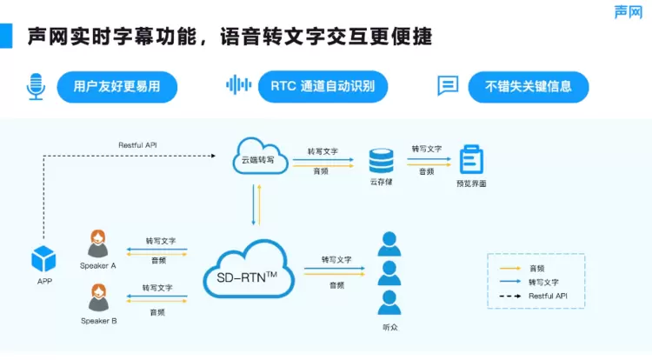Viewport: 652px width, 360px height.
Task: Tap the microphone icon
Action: (36, 86)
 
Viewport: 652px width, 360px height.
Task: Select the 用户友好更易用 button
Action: (116, 86)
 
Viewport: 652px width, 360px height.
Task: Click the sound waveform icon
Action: (238, 85)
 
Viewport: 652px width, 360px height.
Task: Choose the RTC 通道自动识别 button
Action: (323, 86)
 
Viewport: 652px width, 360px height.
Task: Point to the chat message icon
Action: (448, 86)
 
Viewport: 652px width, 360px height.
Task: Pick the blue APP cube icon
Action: (43, 259)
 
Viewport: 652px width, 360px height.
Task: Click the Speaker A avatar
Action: (97, 243)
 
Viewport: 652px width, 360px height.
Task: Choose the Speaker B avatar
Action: (97, 299)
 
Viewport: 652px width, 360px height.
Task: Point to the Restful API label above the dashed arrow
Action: (137, 144)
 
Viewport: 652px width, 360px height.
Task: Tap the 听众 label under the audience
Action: (390, 327)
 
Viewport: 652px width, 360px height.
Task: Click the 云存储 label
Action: (381, 183)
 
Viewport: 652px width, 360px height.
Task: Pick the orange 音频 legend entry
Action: (536, 269)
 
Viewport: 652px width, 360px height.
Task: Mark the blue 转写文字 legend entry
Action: (542, 282)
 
